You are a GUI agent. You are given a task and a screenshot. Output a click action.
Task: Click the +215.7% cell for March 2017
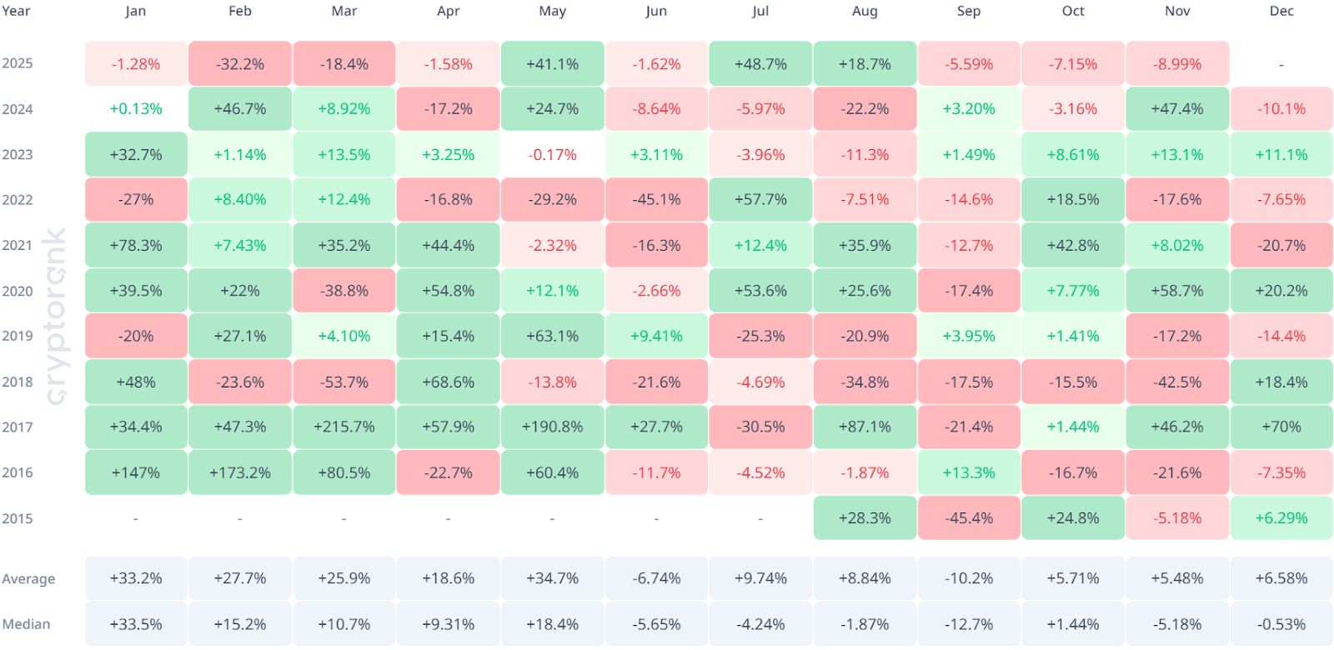click(x=344, y=427)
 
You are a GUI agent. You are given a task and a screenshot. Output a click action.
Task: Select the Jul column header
click(x=760, y=12)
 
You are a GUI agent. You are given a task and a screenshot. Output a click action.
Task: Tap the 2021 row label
click(x=18, y=246)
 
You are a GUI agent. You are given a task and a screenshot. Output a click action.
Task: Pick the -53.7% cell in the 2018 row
click(x=344, y=382)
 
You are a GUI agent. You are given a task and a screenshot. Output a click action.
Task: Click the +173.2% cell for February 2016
click(x=239, y=472)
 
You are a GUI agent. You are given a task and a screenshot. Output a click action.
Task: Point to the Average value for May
click(x=552, y=578)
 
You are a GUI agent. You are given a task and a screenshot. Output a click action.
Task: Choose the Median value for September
click(x=968, y=624)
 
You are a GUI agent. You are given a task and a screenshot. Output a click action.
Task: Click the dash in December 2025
click(x=1281, y=64)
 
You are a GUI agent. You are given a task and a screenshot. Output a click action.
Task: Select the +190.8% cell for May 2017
click(x=552, y=427)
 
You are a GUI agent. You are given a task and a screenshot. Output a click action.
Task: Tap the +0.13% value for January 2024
click(x=135, y=109)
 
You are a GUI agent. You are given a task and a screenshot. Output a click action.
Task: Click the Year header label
click(x=16, y=12)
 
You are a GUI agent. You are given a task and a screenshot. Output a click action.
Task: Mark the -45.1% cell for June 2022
click(x=656, y=200)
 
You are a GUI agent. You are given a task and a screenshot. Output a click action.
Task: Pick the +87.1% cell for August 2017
click(x=865, y=427)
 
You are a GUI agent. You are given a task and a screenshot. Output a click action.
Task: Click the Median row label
click(x=26, y=624)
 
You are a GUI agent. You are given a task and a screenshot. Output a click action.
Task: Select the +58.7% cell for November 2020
click(x=1176, y=291)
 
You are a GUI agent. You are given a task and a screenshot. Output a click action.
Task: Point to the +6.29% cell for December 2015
click(x=1281, y=517)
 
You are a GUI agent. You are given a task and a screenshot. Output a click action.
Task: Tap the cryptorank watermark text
click(x=55, y=317)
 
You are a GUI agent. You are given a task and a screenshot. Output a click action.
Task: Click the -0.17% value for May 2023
click(x=552, y=155)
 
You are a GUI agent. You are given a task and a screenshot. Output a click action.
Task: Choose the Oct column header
click(x=1072, y=12)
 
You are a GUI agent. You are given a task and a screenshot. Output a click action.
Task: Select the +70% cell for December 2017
click(x=1281, y=427)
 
